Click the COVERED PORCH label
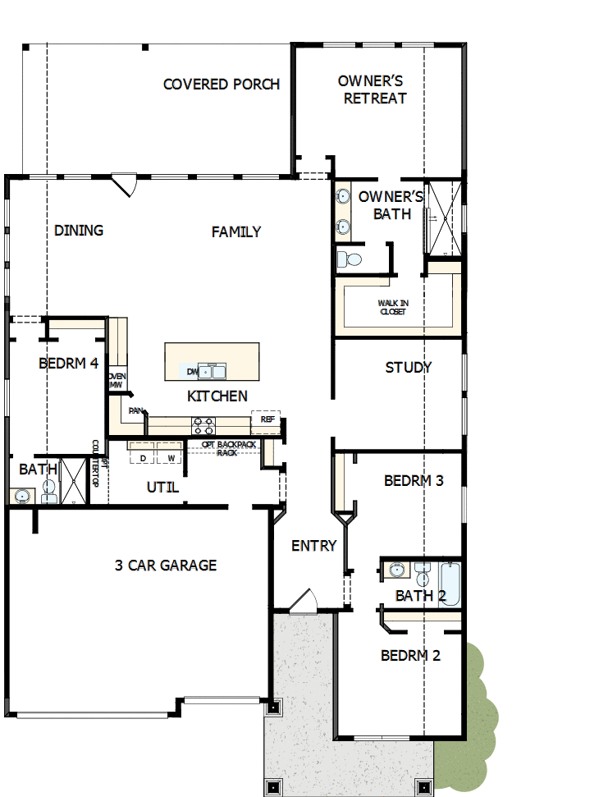coord(222,85)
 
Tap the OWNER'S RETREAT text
coord(374,89)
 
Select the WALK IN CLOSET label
coord(393,307)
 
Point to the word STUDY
coord(408,368)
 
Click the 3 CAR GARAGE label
coord(166,566)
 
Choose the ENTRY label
coord(313,546)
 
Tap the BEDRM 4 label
coord(68,364)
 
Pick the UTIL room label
coord(162,488)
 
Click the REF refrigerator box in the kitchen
coord(267,419)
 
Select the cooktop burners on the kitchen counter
coord(203,425)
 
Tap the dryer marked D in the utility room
coord(143,457)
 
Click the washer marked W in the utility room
coord(171,457)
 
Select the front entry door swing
coord(304,602)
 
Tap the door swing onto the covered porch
coord(124,183)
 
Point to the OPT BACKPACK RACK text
coord(229,447)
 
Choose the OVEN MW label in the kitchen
coord(116,381)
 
